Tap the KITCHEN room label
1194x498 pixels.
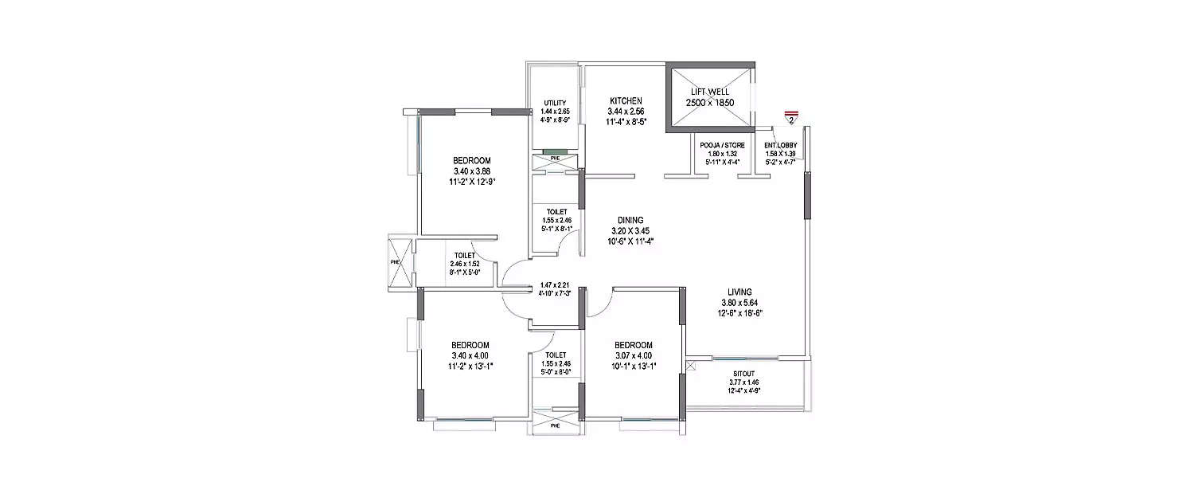[x=626, y=100]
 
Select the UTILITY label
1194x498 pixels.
[x=555, y=104]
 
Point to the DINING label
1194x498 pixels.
[x=630, y=221]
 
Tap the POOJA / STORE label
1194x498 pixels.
[x=722, y=145]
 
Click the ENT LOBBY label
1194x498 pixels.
[x=780, y=145]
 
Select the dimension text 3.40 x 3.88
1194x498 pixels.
[x=471, y=171]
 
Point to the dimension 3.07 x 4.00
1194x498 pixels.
[x=634, y=355]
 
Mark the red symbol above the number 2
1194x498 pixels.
[x=790, y=113]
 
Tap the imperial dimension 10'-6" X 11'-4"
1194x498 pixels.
[x=630, y=241]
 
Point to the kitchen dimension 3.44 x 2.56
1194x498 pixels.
[x=626, y=112]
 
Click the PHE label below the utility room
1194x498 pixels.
[x=555, y=159]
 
